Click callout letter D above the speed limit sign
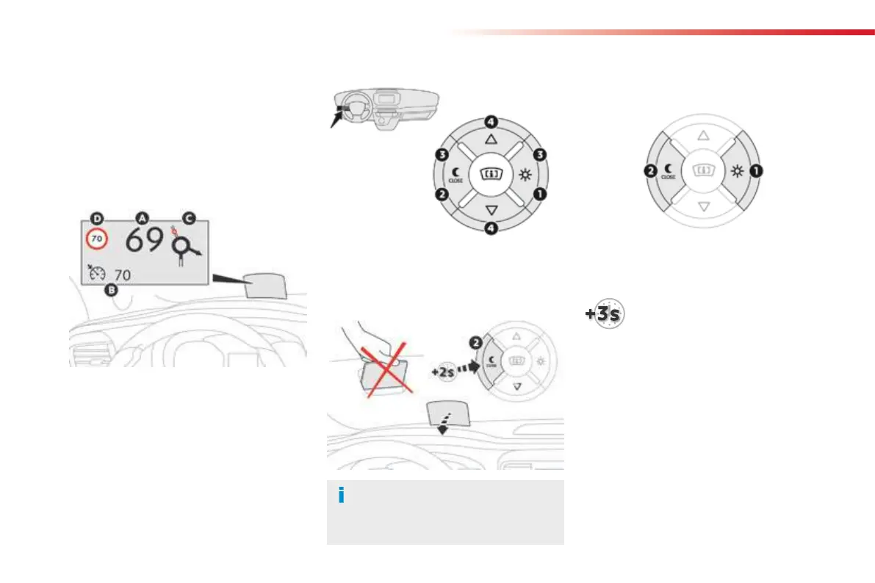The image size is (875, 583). pyautogui.click(x=96, y=217)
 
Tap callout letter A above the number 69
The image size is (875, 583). pyautogui.click(x=143, y=217)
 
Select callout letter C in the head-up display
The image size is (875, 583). pyautogui.click(x=189, y=217)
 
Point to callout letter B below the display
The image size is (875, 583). pyautogui.click(x=111, y=290)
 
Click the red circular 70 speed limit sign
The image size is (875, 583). pyautogui.click(x=96, y=239)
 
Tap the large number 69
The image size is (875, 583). pyautogui.click(x=145, y=240)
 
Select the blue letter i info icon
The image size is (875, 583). pyautogui.click(x=341, y=496)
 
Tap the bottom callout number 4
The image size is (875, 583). pyautogui.click(x=491, y=228)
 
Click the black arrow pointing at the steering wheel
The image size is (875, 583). pyautogui.click(x=338, y=117)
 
